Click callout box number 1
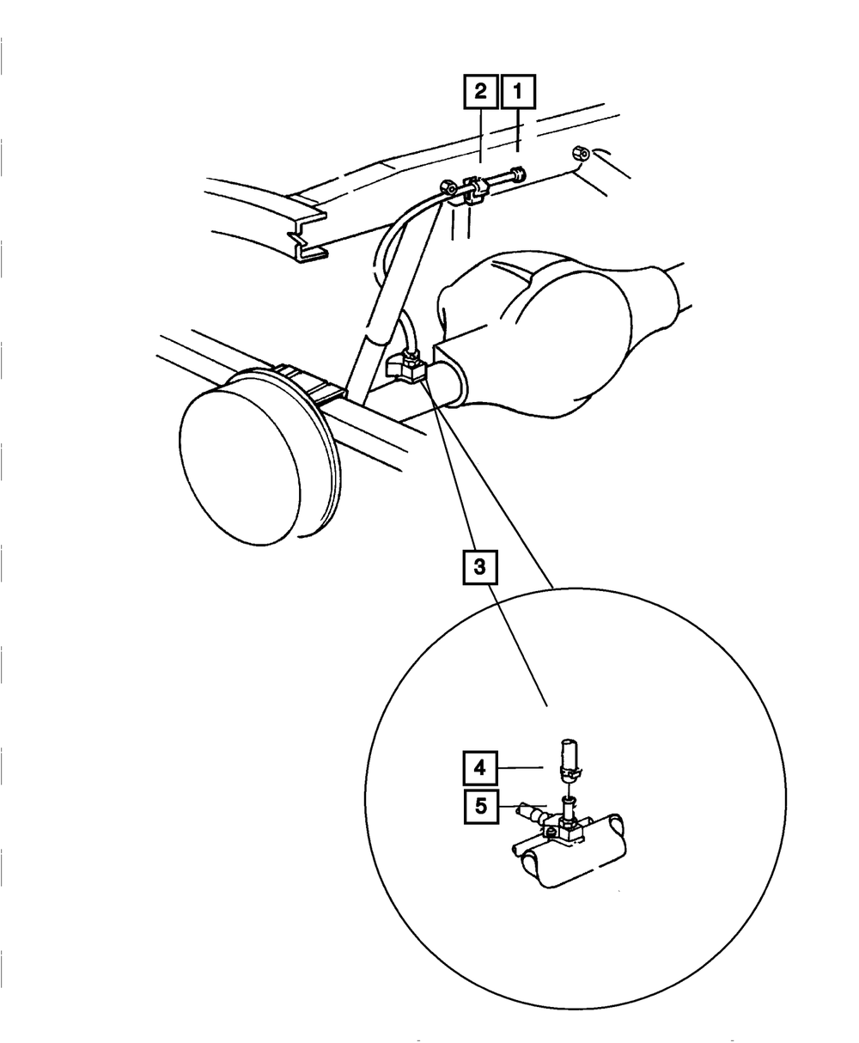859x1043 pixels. (x=517, y=93)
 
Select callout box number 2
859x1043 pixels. (x=479, y=93)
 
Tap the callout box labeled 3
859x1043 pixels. (x=479, y=567)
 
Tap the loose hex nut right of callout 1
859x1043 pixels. (x=579, y=154)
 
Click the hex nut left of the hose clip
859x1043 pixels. (x=448, y=186)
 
